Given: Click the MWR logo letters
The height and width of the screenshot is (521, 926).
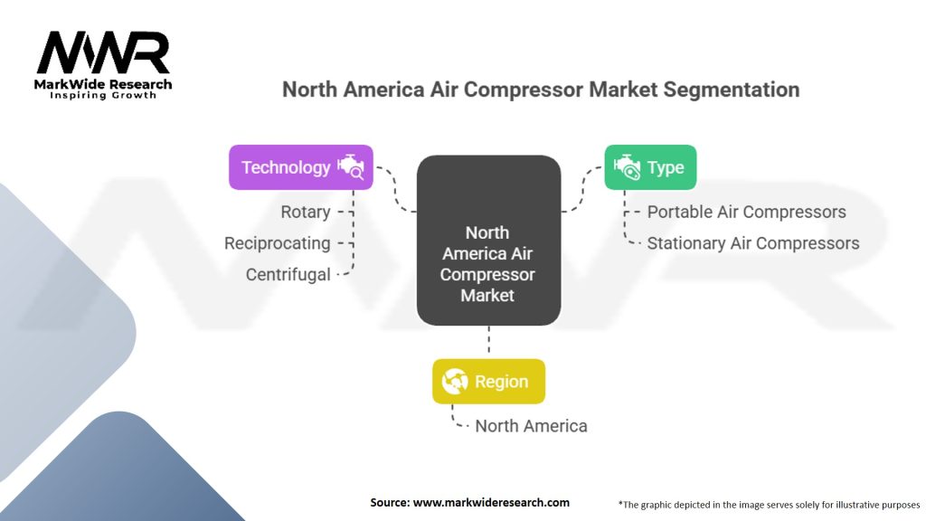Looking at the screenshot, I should (x=103, y=54).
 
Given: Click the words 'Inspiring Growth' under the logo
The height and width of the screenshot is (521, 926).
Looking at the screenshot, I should (x=103, y=95).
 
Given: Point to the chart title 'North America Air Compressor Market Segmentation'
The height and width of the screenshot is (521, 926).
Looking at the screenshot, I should (x=541, y=90).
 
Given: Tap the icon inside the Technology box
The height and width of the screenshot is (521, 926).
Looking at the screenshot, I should (x=350, y=167).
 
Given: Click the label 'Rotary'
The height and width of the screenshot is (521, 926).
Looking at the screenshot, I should (x=305, y=212).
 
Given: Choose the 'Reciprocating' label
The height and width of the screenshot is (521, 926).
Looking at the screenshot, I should (x=278, y=243).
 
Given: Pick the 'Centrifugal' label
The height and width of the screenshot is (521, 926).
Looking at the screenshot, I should (x=288, y=274).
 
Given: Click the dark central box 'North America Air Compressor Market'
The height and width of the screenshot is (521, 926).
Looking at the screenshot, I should (x=488, y=241).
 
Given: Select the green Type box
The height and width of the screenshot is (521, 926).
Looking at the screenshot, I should (x=649, y=167).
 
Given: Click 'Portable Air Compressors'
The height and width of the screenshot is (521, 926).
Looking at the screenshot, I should (x=747, y=212).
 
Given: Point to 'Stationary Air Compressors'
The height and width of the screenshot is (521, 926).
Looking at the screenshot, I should (x=753, y=243).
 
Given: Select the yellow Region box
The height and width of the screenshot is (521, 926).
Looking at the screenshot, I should (x=488, y=381).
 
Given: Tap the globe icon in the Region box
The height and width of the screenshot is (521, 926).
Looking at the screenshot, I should (x=455, y=382).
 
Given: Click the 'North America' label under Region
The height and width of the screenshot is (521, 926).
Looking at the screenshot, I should (x=531, y=426).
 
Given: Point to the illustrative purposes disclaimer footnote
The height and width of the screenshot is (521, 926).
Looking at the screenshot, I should (x=769, y=503).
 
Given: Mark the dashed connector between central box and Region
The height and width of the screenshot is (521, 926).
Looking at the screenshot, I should (x=488, y=342).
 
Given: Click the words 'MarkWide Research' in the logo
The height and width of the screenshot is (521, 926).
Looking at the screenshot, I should (x=103, y=84).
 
